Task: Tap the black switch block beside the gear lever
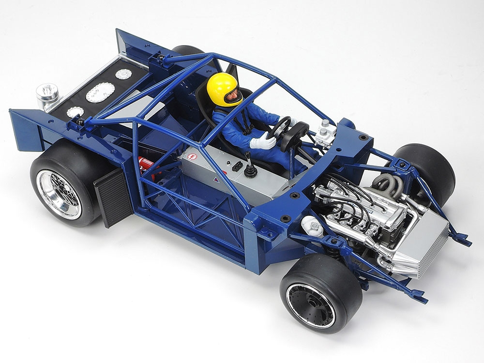point(236,166)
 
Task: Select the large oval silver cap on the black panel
point(100,92)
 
